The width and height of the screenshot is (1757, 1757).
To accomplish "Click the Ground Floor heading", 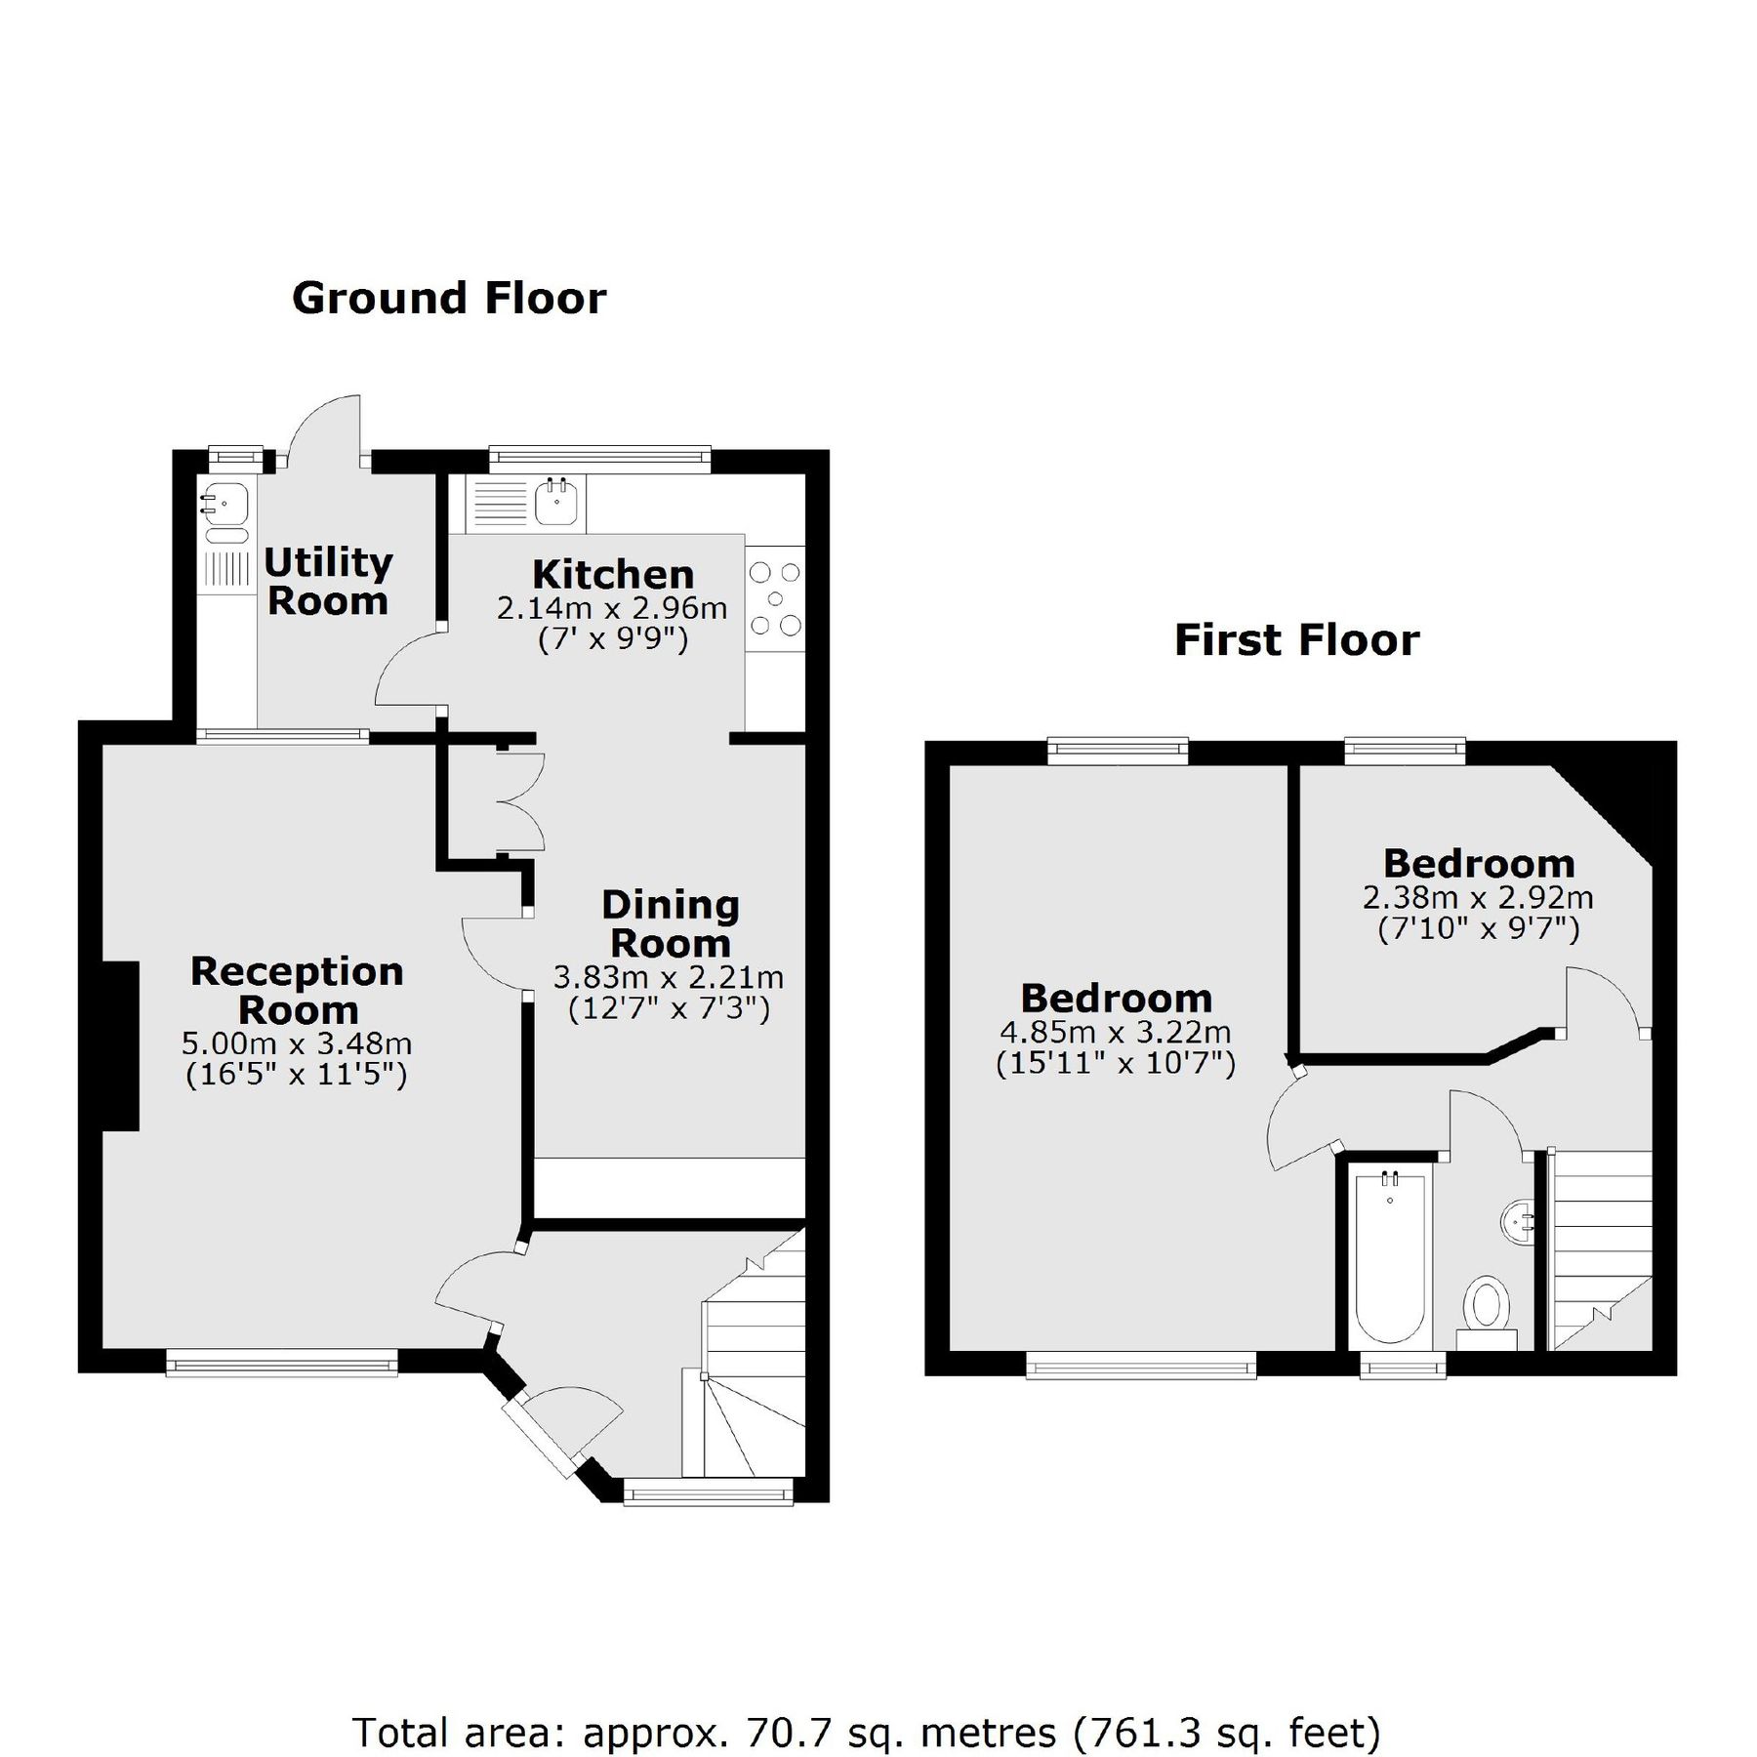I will pyautogui.click(x=449, y=299).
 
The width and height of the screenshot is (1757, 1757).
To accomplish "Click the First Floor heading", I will pyautogui.click(x=1296, y=641).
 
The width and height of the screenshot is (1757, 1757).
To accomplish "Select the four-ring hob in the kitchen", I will pyautogui.click(x=775, y=598).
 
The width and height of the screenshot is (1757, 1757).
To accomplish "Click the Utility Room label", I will pyautogui.click(x=328, y=582).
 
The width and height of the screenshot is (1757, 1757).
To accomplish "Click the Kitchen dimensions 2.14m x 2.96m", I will pyautogui.click(x=612, y=609).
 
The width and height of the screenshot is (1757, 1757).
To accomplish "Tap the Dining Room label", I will pyautogui.click(x=670, y=923).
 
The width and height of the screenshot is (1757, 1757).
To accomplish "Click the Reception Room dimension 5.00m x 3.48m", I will pyautogui.click(x=297, y=1043).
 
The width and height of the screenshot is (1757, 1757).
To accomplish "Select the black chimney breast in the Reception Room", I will pyautogui.click(x=120, y=1045).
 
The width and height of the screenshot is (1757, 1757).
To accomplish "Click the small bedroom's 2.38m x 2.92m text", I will pyautogui.click(x=1477, y=897).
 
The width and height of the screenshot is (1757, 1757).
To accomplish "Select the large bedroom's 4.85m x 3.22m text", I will pyautogui.click(x=1115, y=1032).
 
